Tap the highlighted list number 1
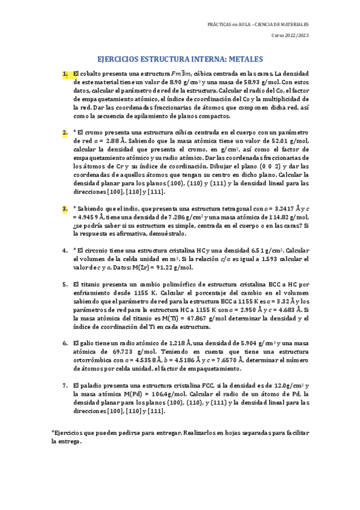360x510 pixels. click(x=64, y=74)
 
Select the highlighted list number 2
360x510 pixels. click(x=64, y=132)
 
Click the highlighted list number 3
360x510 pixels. click(x=64, y=208)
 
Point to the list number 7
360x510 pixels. click(x=64, y=384)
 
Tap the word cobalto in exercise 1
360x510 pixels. click(x=89, y=74)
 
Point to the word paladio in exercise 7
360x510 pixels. click(x=91, y=384)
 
